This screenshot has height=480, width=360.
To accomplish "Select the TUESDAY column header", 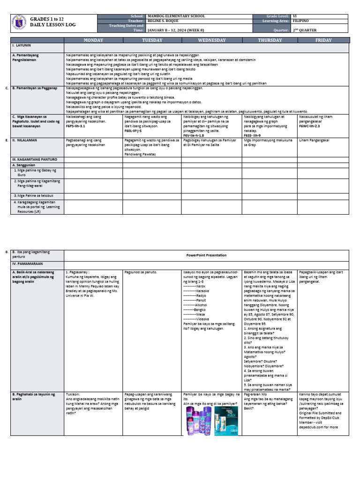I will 152,40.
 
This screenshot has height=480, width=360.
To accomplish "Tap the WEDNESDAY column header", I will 211,40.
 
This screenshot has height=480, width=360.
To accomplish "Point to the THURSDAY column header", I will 270,40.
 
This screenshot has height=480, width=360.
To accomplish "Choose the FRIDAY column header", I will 323,40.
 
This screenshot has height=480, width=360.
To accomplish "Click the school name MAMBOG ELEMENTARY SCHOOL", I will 176,16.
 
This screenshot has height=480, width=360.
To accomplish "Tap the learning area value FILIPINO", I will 300,21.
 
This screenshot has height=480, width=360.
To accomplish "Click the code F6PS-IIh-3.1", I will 75,127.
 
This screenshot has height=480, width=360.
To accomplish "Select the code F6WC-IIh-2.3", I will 309,126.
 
